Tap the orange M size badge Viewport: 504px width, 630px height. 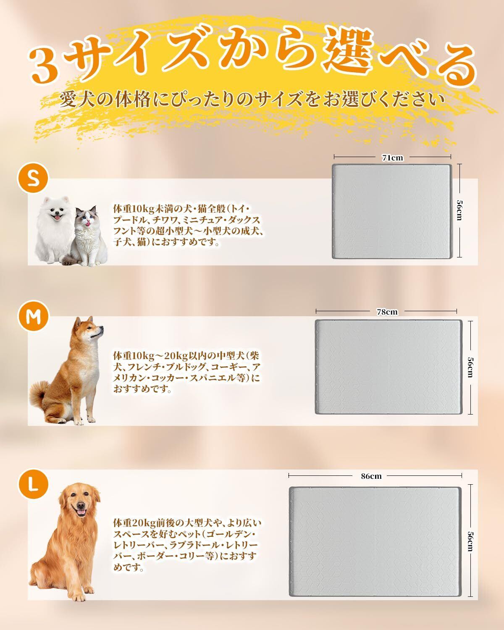pos(33,316)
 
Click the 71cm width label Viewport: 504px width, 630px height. pos(392,158)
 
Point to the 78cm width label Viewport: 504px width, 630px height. pos(387,312)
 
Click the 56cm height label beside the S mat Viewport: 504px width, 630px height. pos(459,210)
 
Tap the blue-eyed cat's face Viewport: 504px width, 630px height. pos(87,218)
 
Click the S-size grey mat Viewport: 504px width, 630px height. pos(392,211)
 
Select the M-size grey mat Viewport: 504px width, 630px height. pos(388,367)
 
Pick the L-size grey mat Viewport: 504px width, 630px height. pos(375,537)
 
